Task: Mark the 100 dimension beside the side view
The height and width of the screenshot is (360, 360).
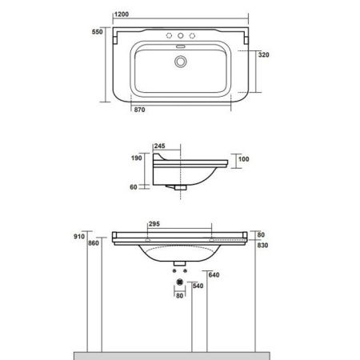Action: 244,158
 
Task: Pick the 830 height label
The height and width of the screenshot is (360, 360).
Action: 262,246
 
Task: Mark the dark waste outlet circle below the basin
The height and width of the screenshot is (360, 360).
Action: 179,282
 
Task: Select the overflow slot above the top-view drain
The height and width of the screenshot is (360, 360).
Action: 179,46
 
